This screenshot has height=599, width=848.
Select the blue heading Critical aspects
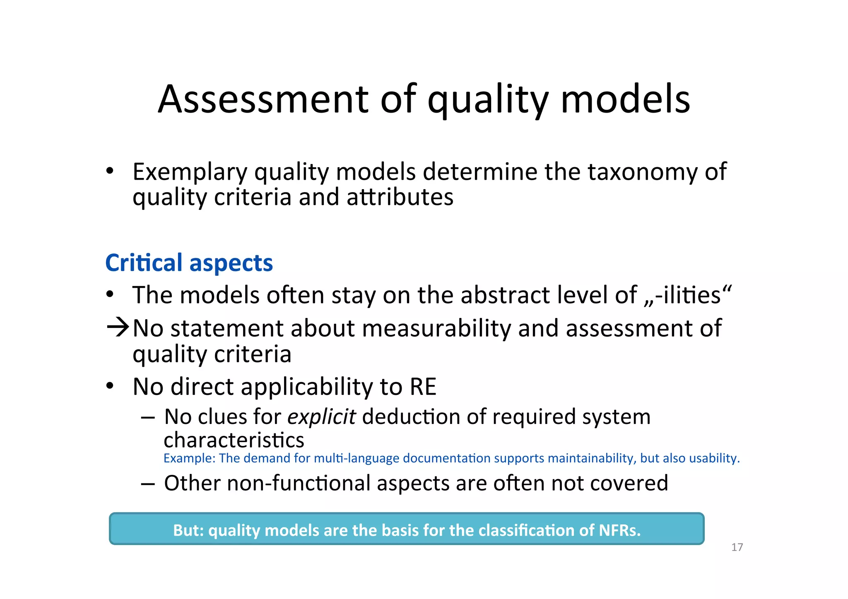pos(189,263)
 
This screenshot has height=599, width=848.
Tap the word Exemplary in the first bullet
pos(190,172)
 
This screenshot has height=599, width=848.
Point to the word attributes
pos(400,197)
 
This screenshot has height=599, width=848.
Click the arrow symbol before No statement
pos(118,327)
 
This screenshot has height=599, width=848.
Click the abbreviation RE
pos(423,387)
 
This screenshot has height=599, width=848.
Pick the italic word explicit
pos(321,417)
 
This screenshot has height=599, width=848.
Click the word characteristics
pos(234,440)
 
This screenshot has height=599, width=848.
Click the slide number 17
pos(737,547)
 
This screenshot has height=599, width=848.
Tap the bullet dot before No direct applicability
pos(109,386)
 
